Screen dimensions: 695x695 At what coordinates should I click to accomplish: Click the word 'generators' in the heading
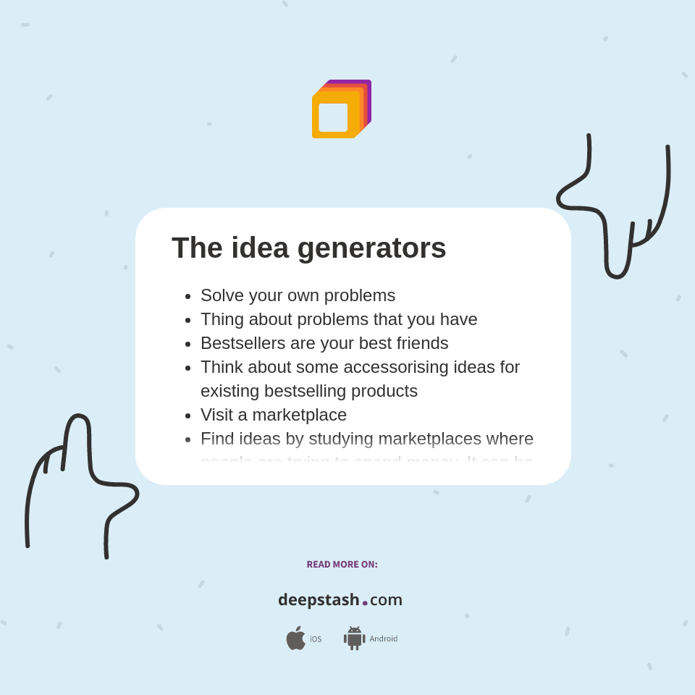point(371,248)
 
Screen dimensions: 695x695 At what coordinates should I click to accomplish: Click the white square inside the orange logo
point(333,117)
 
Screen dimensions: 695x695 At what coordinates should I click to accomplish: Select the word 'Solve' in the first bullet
point(222,295)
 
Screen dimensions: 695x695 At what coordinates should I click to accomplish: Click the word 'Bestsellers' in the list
point(244,343)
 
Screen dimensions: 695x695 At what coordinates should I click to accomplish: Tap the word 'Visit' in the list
point(217,415)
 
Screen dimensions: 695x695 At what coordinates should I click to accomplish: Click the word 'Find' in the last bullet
point(216,439)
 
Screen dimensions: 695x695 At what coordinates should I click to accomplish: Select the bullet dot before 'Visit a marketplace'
point(188,416)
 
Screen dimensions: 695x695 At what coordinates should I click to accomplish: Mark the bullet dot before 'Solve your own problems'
point(188,296)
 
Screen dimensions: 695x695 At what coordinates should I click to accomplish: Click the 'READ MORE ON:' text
point(342,565)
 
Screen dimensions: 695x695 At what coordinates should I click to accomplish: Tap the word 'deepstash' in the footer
point(319,600)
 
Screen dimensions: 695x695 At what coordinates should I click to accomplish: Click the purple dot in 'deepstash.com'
point(365,603)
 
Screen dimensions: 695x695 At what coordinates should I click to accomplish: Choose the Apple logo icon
point(295,638)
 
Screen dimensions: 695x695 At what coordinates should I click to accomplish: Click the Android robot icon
point(354,638)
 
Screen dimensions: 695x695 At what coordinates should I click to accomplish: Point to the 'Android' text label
point(383,639)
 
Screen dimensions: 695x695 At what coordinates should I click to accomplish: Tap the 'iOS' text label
point(316,639)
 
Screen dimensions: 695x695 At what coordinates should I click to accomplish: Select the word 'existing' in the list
point(229,391)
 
